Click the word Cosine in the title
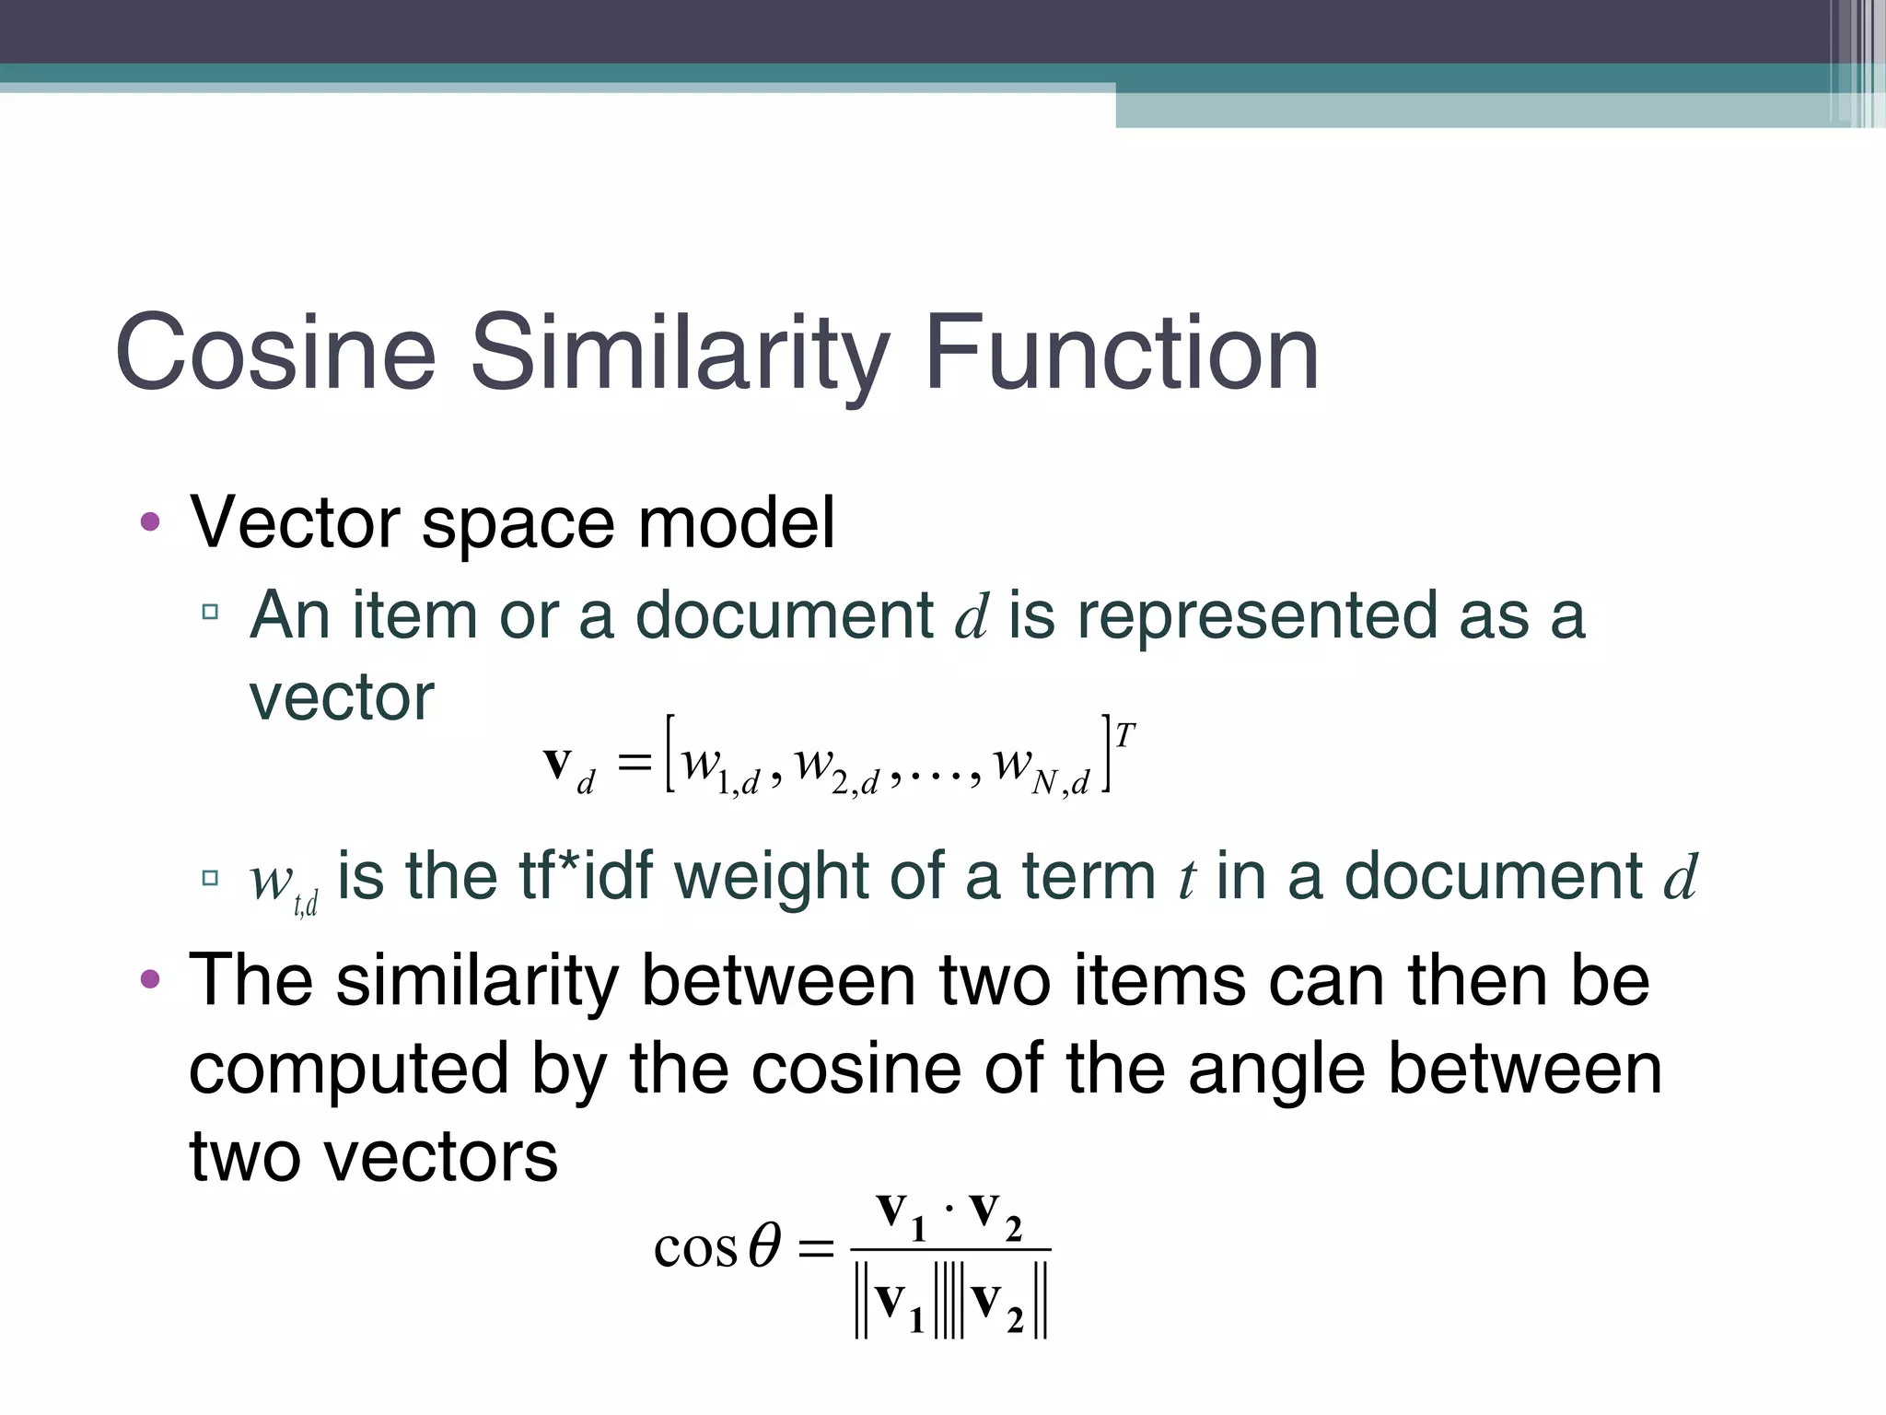tap(275, 353)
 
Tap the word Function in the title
tap(1121, 353)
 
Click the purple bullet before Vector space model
tap(150, 523)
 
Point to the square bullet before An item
tap(210, 612)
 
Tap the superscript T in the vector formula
tap(1124, 735)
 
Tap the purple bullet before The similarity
tap(150, 979)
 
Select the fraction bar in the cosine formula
tap(950, 1250)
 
